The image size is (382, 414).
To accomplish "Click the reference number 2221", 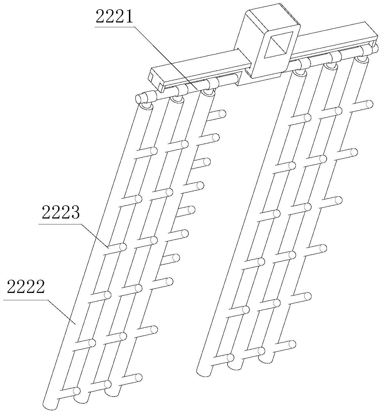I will pyautogui.click(x=114, y=17).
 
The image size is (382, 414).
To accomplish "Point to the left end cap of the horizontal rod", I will pyautogui.click(x=140, y=99).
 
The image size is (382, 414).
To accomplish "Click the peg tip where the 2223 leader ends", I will pyautogui.click(x=123, y=247).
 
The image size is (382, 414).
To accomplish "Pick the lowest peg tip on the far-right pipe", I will pyautogui.click(x=292, y=344).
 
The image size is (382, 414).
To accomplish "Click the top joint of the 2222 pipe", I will pyautogui.click(x=145, y=106).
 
